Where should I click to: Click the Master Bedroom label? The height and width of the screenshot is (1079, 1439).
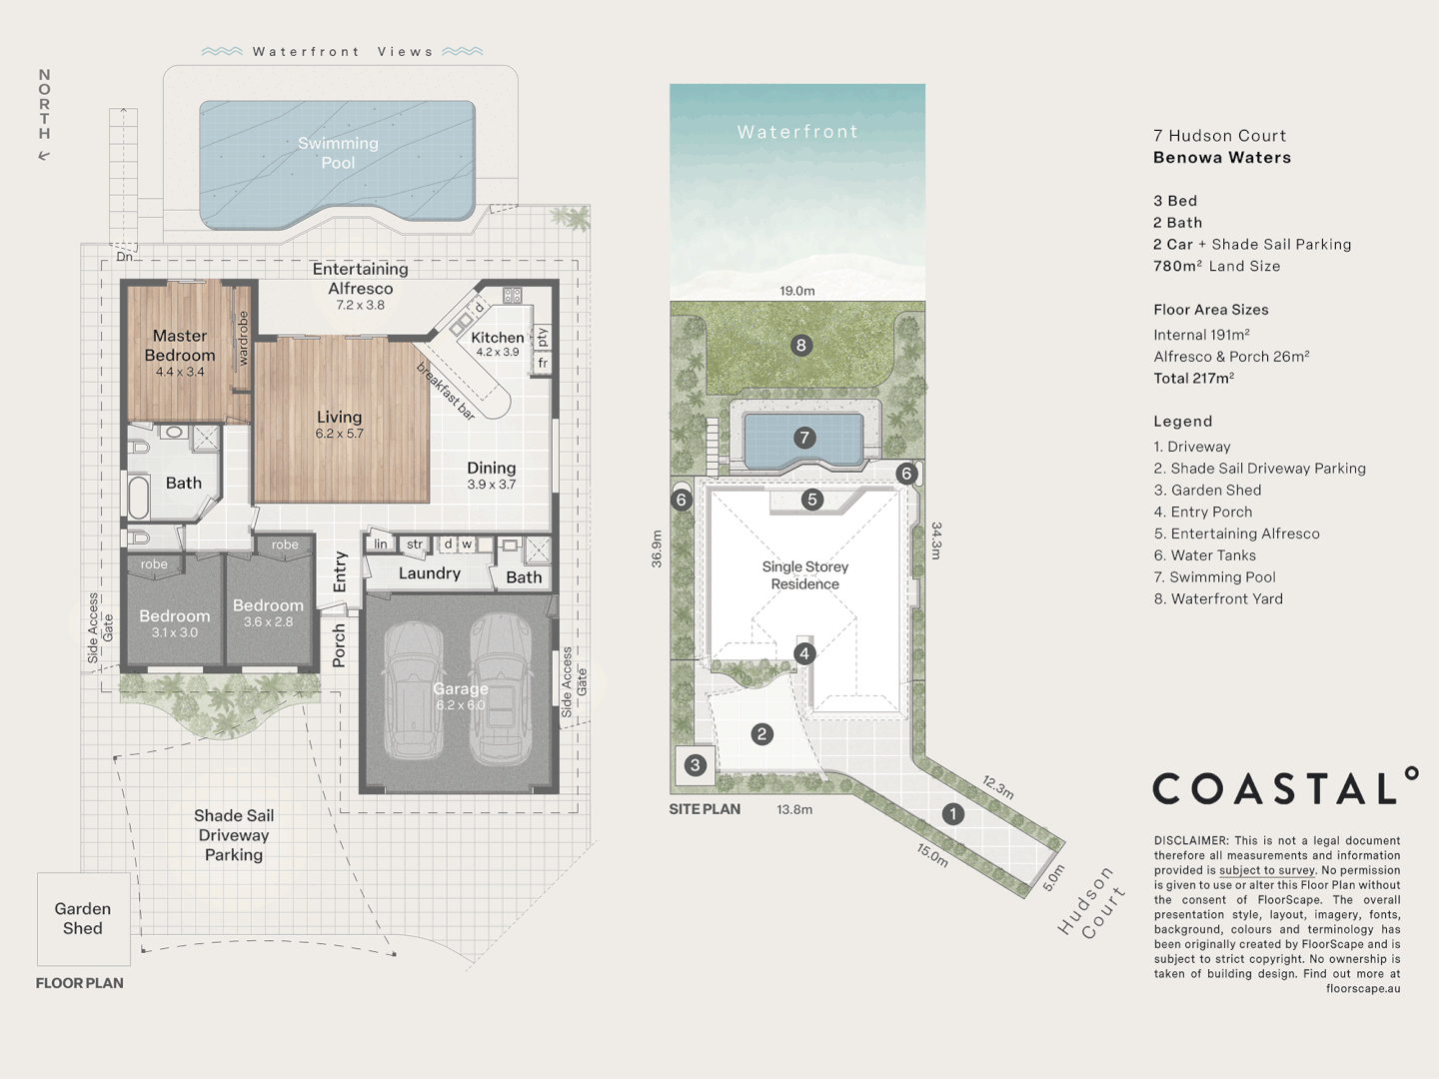click(x=180, y=346)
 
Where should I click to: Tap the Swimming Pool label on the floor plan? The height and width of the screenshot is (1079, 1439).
click(x=338, y=153)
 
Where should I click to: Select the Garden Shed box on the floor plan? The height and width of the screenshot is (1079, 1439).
click(x=84, y=919)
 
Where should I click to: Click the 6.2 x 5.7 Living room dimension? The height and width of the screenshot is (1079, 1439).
click(x=339, y=434)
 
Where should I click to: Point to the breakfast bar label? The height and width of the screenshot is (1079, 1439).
click(x=445, y=391)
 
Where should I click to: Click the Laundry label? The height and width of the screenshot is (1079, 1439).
click(x=430, y=573)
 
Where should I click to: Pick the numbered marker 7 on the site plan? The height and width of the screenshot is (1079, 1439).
click(x=804, y=438)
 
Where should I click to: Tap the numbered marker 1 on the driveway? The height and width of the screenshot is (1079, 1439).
click(x=952, y=814)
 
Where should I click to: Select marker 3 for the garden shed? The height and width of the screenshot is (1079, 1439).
click(x=695, y=764)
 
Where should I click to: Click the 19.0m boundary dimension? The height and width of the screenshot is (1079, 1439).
click(x=797, y=291)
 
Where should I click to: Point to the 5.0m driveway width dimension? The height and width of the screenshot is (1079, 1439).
click(x=1053, y=878)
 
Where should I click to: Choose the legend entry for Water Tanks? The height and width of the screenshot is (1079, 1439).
click(x=1205, y=555)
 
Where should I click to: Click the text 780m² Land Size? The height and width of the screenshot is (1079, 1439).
click(x=1217, y=266)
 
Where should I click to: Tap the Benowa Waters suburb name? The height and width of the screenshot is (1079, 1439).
click(x=1222, y=158)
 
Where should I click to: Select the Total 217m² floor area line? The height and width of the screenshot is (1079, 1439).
click(x=1194, y=379)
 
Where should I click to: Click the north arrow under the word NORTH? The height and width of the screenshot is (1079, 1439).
click(x=44, y=156)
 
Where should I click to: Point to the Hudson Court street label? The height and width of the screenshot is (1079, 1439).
click(x=1091, y=903)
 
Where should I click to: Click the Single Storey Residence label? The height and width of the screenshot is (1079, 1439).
click(x=805, y=575)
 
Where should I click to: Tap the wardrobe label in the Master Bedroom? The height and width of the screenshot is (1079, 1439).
click(x=243, y=339)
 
